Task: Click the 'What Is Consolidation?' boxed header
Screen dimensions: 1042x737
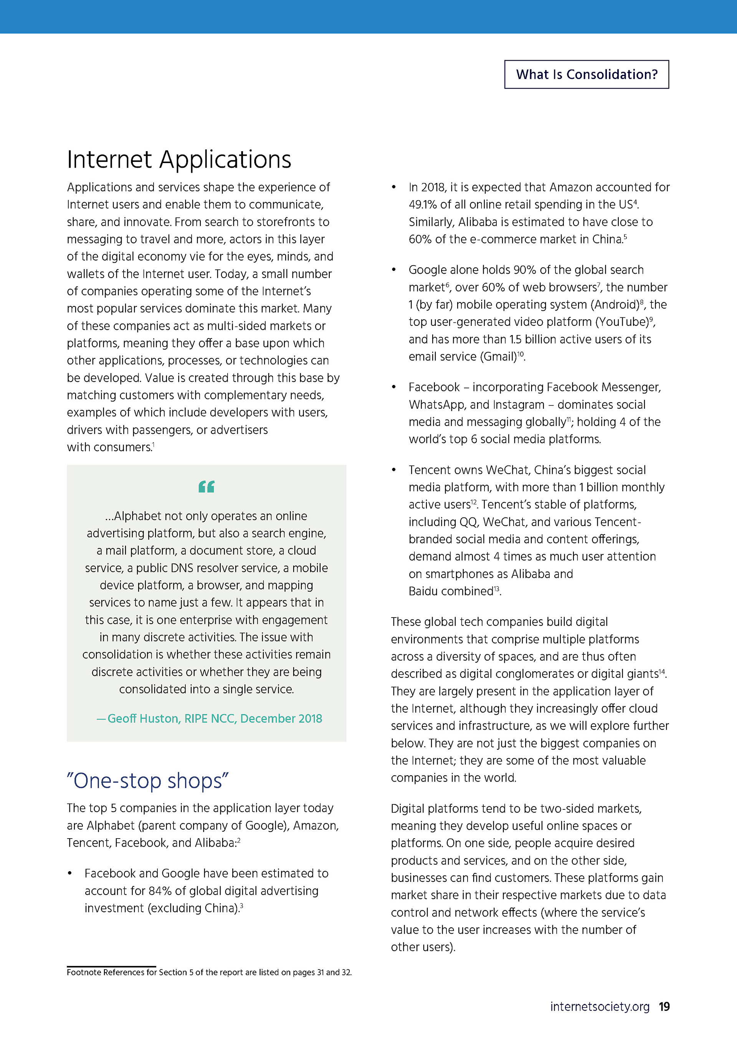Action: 586,74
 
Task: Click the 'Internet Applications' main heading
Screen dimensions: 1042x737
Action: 179,159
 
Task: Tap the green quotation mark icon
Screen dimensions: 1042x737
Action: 207,487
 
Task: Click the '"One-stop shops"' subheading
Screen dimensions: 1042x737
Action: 147,781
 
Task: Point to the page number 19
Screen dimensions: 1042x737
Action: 664,1007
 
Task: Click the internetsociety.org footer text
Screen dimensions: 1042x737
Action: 600,1007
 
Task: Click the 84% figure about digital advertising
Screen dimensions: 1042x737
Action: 160,891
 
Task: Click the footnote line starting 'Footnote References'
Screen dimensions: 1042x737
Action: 209,972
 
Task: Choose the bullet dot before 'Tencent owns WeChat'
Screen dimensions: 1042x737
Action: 394,470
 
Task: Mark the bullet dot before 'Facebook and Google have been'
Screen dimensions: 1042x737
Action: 70,874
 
